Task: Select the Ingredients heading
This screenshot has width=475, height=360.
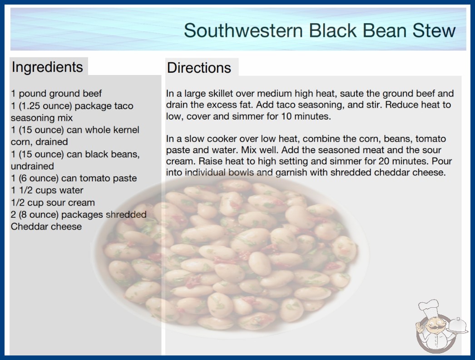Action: [47, 67]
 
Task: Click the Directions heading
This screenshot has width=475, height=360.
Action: [199, 68]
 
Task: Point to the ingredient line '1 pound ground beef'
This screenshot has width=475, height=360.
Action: [56, 94]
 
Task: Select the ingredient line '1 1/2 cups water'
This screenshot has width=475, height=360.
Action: [47, 190]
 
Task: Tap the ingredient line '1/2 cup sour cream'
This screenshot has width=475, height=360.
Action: [53, 202]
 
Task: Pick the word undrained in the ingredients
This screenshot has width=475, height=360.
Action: [32, 166]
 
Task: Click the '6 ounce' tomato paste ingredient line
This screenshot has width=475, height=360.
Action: [74, 178]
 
